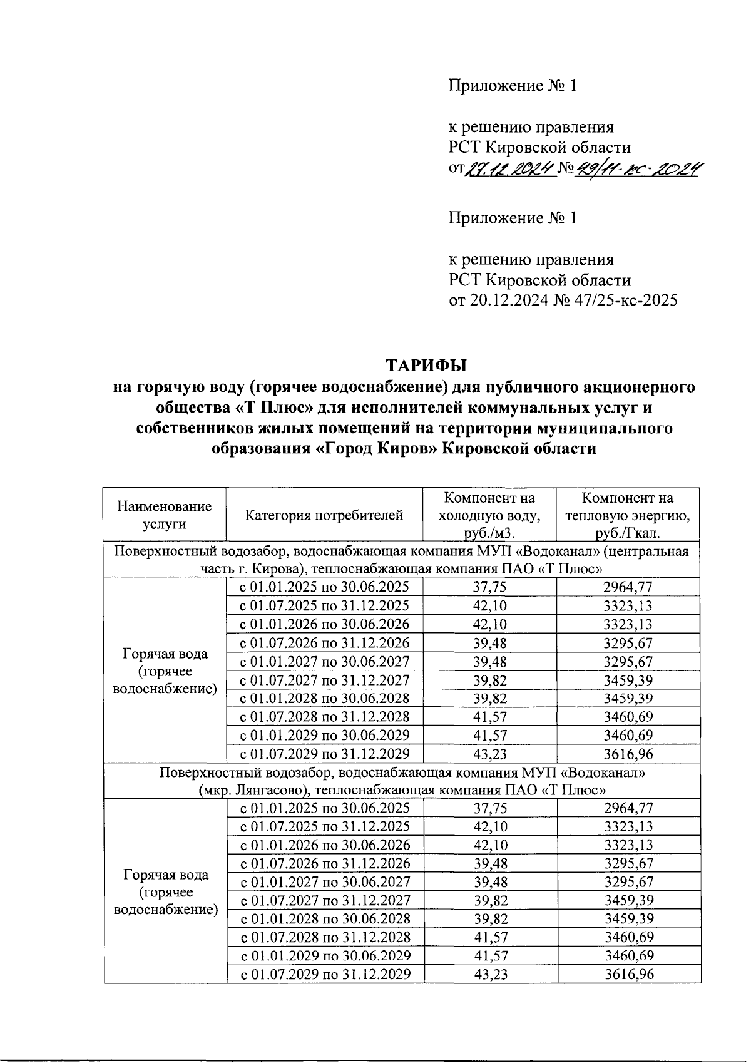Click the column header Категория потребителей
point(324,515)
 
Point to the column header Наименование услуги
point(164,515)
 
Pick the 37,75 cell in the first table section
point(490,587)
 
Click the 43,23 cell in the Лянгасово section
point(490,975)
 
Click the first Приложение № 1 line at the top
point(512,86)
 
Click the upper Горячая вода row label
point(165,671)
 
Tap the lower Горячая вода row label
point(165,891)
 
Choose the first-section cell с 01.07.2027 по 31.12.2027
point(325,680)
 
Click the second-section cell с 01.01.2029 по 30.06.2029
point(325,956)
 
